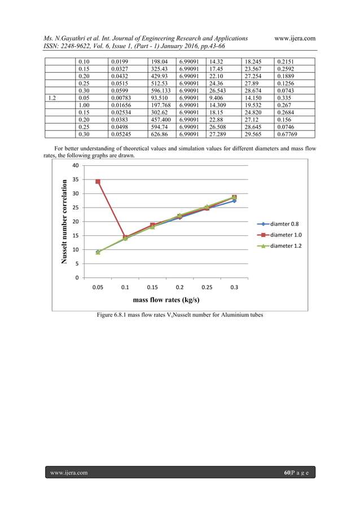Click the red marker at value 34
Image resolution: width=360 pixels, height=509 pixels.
[x=98, y=182]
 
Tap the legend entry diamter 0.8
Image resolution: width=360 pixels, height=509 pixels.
[x=289, y=223]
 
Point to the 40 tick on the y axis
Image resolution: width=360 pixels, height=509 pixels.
[x=74, y=165]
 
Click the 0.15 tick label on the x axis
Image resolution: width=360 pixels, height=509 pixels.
[x=152, y=287]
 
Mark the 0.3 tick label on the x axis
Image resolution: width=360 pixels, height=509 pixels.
[x=235, y=287]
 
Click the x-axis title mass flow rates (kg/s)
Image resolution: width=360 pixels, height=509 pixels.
[x=166, y=300]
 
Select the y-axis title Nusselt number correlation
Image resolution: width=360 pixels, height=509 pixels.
[x=65, y=221]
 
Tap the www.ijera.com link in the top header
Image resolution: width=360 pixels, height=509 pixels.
[x=294, y=38]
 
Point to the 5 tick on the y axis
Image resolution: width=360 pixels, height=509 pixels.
[x=77, y=264]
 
